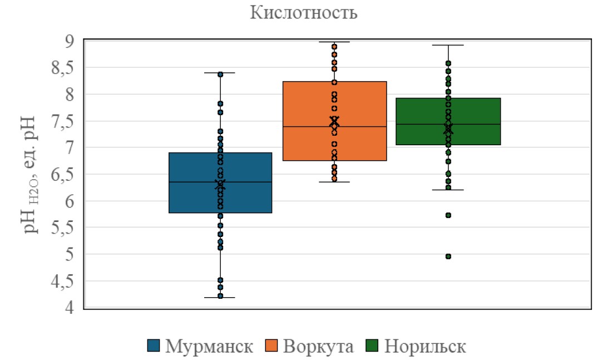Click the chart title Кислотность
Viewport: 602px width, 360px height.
[x=303, y=13]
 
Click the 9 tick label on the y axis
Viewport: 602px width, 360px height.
[x=70, y=41]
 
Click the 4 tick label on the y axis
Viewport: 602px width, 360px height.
[x=70, y=308]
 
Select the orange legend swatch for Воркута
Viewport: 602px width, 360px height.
[x=273, y=346]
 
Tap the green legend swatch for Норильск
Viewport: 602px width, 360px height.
[x=373, y=346]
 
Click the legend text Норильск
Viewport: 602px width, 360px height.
[x=425, y=346]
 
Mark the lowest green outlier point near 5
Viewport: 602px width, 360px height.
[x=448, y=257]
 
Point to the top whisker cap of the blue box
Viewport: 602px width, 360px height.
[x=220, y=73]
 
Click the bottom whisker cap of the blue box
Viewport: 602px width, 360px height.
[x=220, y=298]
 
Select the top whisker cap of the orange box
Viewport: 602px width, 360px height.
[x=334, y=42]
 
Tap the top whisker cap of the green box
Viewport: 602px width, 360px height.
[x=448, y=45]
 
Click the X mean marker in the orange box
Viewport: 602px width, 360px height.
[x=334, y=120]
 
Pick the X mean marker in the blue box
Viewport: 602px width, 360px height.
[x=220, y=184]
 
